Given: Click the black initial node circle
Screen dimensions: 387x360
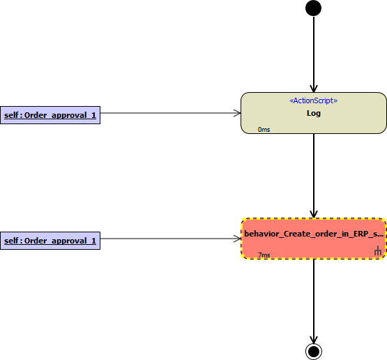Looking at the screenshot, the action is pos(314,8).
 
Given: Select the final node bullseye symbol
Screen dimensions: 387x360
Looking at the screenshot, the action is pos(314,352).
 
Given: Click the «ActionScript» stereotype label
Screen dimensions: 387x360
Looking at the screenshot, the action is pos(314,100).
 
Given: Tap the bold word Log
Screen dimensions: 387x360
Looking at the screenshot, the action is pos(314,113).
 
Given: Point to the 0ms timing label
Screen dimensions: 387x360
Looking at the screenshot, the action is pos(264,129).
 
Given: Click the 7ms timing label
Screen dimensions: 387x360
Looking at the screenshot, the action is pos(264,255).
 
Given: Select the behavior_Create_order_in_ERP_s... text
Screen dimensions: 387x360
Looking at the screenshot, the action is pos(314,234).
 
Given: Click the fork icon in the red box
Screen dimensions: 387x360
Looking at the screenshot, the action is pos(378,250).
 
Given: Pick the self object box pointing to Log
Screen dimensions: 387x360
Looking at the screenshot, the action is pos(50,115).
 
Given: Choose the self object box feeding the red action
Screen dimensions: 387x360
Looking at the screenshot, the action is pos(50,241).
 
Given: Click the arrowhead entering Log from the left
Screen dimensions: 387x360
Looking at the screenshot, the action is pos(238,113).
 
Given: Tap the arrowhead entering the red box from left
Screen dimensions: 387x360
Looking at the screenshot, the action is pos(238,239).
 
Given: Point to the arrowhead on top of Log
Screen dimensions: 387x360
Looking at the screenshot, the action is pos(314,89).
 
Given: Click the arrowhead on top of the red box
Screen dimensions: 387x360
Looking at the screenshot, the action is pos(314,214).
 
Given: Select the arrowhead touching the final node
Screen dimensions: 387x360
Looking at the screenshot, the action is pos(314,340).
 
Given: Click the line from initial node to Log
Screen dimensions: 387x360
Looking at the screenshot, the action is pos(314,54).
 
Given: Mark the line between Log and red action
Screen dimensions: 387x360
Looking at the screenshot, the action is pos(314,176).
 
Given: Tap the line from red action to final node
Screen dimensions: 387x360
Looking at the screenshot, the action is pos(314,301).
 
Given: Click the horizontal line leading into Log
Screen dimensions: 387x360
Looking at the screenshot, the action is pos(171,113).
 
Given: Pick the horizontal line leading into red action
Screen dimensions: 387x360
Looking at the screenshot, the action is pos(171,239).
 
